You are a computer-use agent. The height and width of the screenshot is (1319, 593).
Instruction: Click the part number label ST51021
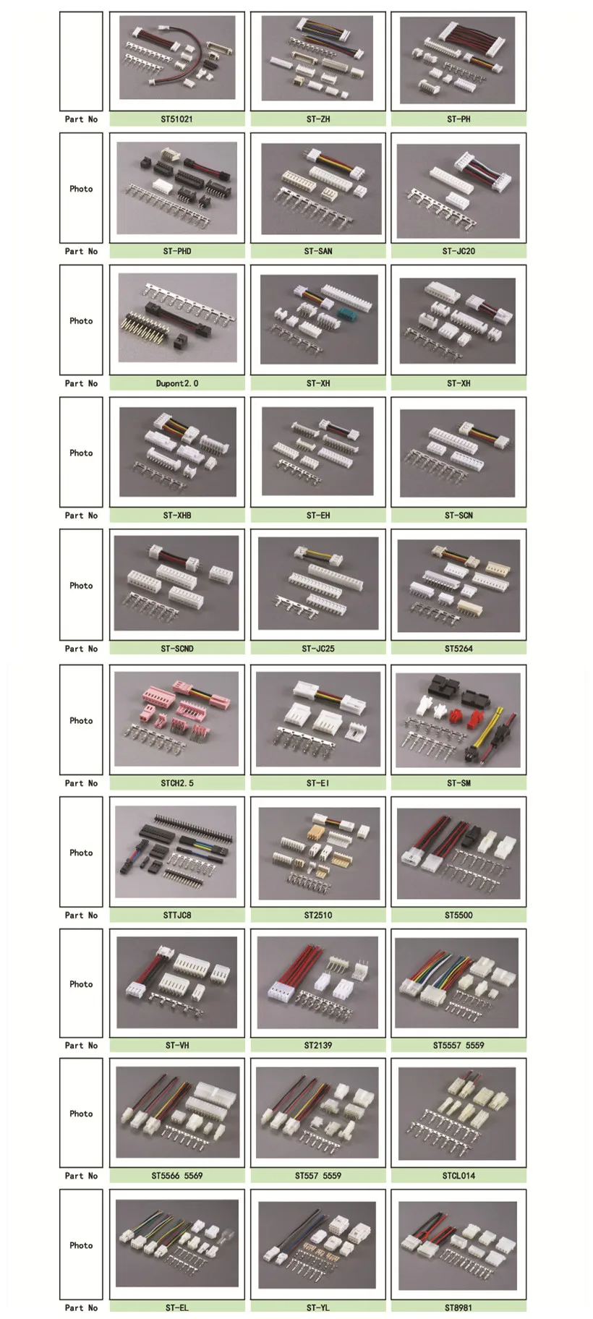pyautogui.click(x=176, y=119)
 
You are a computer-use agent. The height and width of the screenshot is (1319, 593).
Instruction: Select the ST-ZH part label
pyautogui.click(x=317, y=119)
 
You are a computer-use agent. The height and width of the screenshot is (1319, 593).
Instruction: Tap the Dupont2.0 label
pyautogui.click(x=176, y=383)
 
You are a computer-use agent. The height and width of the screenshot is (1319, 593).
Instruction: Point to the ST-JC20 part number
pyautogui.click(x=458, y=252)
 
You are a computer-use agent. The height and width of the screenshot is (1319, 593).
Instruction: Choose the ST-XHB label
pyautogui.click(x=176, y=516)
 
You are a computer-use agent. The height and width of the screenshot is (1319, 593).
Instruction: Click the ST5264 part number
pyautogui.click(x=458, y=649)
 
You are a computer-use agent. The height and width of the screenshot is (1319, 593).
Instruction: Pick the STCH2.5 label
pyautogui.click(x=176, y=783)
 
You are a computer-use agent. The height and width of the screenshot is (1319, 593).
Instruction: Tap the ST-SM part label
pyautogui.click(x=458, y=783)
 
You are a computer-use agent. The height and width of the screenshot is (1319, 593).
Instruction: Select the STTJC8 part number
pyautogui.click(x=176, y=915)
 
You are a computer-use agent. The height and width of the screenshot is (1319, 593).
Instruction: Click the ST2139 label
pyautogui.click(x=317, y=1046)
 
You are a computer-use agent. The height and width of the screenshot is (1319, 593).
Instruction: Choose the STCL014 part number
pyautogui.click(x=458, y=1176)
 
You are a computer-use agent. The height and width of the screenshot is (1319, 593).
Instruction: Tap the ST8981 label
pyautogui.click(x=458, y=1307)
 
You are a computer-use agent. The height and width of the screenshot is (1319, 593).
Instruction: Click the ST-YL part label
pyautogui.click(x=317, y=1307)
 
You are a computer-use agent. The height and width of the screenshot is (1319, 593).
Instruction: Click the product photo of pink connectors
pyautogui.click(x=176, y=718)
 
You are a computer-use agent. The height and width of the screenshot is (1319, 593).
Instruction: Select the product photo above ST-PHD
pyautogui.click(x=176, y=188)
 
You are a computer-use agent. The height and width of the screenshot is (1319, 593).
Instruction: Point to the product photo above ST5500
pyautogui.click(x=458, y=853)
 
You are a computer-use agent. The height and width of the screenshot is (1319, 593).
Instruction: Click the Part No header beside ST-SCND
pyautogui.click(x=81, y=649)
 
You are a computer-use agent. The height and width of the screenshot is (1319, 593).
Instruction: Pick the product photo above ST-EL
pyautogui.click(x=176, y=1244)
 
